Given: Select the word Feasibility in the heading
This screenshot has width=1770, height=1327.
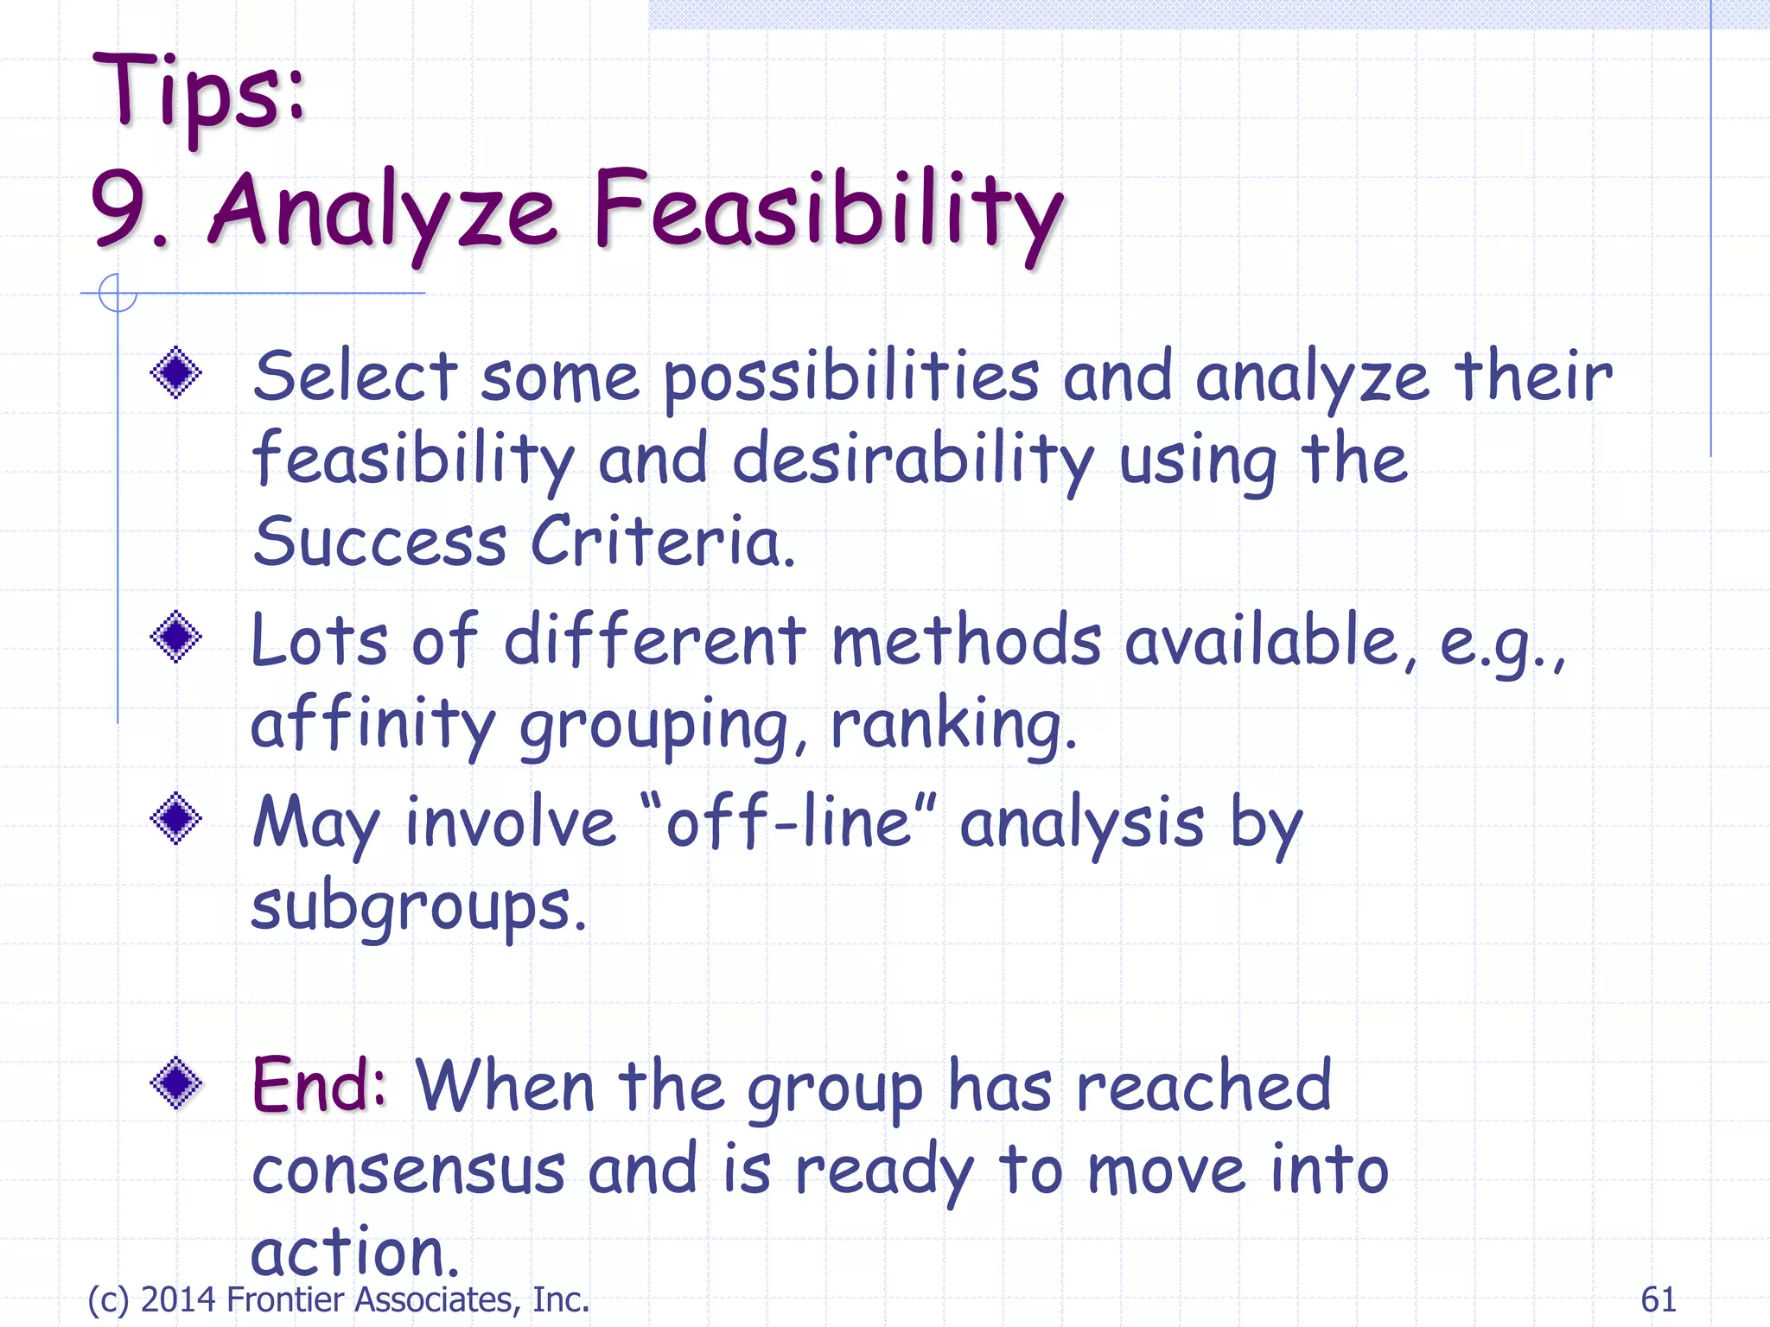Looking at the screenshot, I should [x=827, y=212].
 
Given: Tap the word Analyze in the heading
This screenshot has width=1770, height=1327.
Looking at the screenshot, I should [x=380, y=212].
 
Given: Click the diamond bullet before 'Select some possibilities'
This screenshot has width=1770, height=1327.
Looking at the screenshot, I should [x=176, y=373].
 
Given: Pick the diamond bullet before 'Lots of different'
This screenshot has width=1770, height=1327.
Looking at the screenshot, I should [x=176, y=638].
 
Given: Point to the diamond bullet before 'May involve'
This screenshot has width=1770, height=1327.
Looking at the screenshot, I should [x=176, y=818].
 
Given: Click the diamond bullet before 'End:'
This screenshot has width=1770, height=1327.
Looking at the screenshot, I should [x=176, y=1083].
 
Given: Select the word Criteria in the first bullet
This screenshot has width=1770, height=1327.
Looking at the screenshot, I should [x=661, y=543].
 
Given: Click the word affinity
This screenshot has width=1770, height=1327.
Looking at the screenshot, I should [x=372, y=724].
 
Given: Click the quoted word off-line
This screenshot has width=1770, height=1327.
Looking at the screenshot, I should [x=787, y=822].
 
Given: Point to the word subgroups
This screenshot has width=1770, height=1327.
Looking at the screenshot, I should [x=417, y=907].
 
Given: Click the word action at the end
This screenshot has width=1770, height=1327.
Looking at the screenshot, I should [x=353, y=1253].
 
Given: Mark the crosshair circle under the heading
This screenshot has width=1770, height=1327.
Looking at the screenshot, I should [x=118, y=293].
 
